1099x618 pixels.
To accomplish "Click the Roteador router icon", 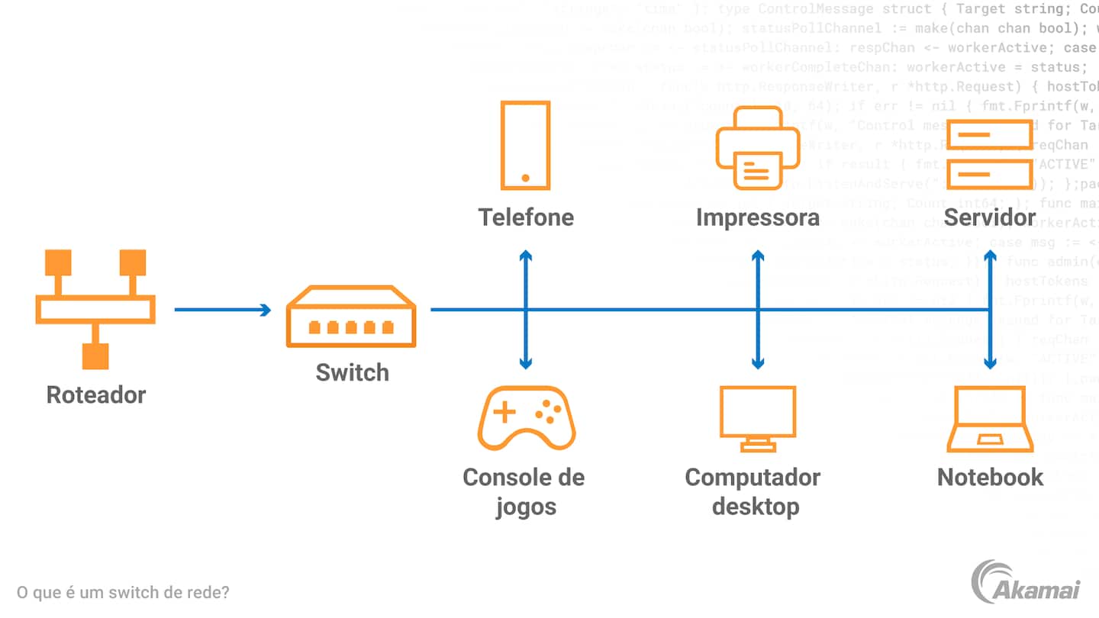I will click(x=95, y=308).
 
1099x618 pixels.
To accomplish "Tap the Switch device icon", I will click(x=351, y=317).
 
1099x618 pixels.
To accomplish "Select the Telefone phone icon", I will click(x=525, y=145).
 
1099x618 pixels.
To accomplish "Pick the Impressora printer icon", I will click(x=757, y=148).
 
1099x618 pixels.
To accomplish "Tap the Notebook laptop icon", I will click(x=990, y=419).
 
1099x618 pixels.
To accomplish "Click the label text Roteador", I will click(x=95, y=394).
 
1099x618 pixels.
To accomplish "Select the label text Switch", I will click(x=352, y=372).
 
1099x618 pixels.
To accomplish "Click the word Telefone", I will click(x=526, y=217).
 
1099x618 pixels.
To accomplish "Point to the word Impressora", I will click(x=757, y=217).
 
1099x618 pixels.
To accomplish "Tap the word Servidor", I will click(x=990, y=217).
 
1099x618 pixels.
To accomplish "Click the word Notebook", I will click(x=990, y=478).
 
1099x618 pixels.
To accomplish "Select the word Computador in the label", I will click(x=753, y=478).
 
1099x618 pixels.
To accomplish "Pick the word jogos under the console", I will click(x=526, y=507).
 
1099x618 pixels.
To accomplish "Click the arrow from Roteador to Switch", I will click(x=222, y=310).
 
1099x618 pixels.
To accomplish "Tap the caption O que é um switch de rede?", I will click(x=123, y=592).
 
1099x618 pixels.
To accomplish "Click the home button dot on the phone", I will click(x=525, y=178).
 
